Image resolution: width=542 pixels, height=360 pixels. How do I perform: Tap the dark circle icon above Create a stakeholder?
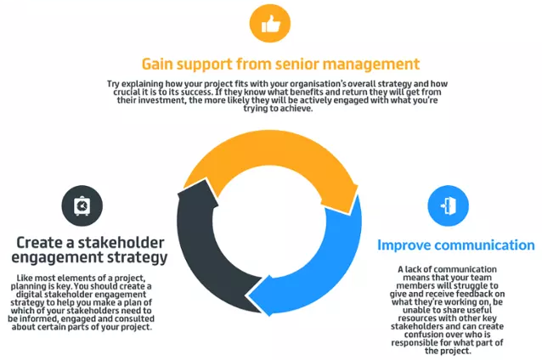tap(82, 205)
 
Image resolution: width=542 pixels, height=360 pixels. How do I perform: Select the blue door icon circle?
tap(448, 206)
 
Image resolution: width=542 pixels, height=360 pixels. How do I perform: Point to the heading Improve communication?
tap(455, 245)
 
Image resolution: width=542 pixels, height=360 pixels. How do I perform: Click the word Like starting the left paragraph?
tap(24, 278)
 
